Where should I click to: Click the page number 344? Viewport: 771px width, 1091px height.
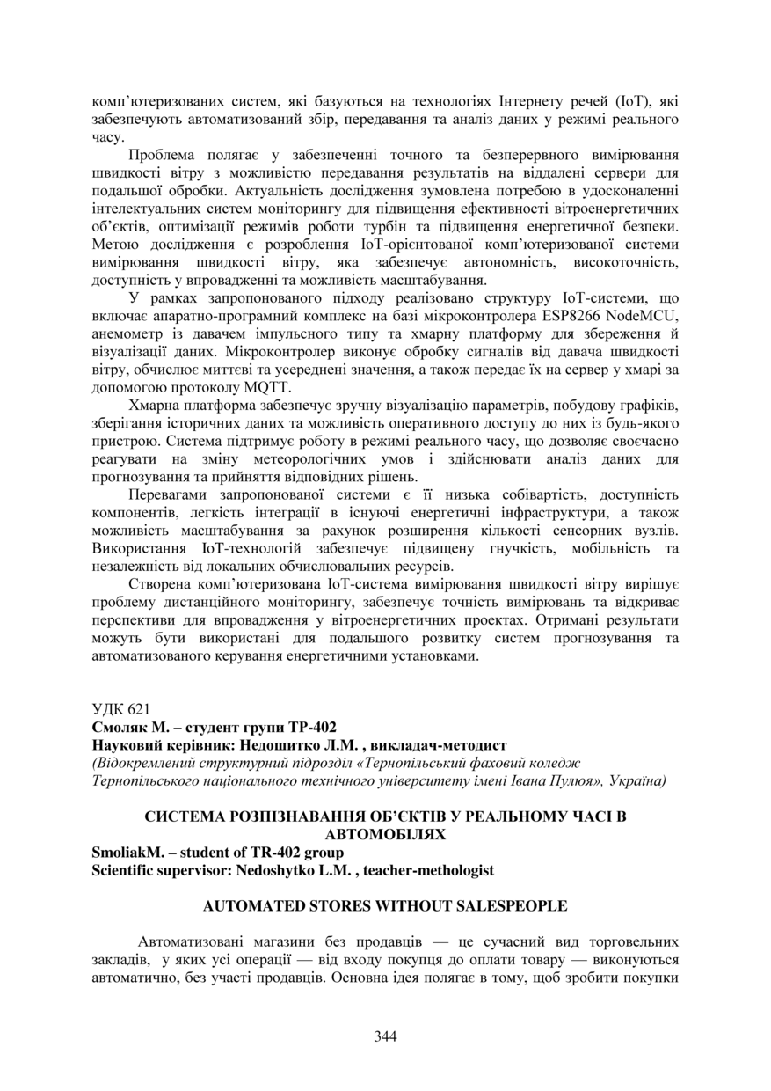385,1036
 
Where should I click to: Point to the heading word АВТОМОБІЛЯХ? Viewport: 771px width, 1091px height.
385,833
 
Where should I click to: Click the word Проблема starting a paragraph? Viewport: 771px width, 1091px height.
156,156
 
